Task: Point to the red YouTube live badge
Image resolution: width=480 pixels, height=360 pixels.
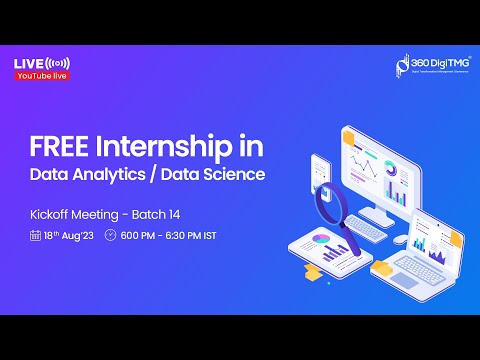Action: [42, 76]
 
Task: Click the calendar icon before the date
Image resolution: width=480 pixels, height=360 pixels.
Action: [35, 236]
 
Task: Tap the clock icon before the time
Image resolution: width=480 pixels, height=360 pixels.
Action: [110, 236]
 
